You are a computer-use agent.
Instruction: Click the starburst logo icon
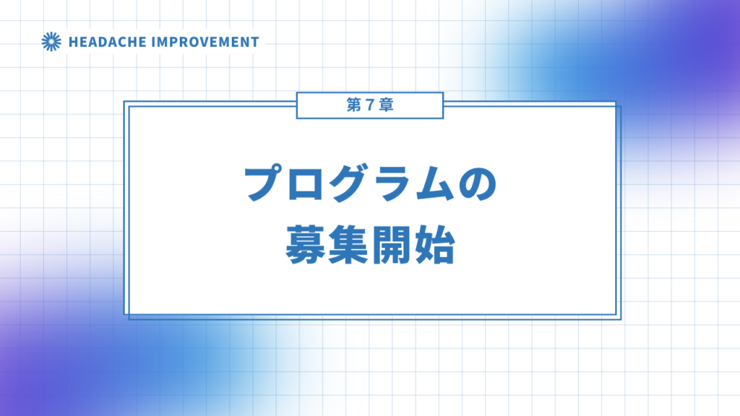tap(51, 41)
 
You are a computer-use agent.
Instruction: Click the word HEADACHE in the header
tap(108, 42)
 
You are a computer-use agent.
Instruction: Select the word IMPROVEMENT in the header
tap(207, 42)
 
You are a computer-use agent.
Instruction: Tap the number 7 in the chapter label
tap(370, 105)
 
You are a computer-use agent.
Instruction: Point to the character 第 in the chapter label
tap(354, 105)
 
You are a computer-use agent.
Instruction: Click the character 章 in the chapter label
tap(386, 105)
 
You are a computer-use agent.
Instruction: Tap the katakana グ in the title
tap(349, 183)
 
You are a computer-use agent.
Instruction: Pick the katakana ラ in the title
tap(392, 183)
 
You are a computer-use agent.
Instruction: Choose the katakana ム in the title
tap(434, 183)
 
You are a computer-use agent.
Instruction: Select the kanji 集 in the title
tap(348, 245)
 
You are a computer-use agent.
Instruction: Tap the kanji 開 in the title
tap(391, 245)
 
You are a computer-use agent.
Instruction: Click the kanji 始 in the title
tap(434, 245)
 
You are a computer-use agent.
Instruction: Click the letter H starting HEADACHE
tap(74, 42)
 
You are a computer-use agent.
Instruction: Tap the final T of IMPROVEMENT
tap(255, 42)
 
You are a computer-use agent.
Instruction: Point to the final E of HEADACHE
tap(142, 42)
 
